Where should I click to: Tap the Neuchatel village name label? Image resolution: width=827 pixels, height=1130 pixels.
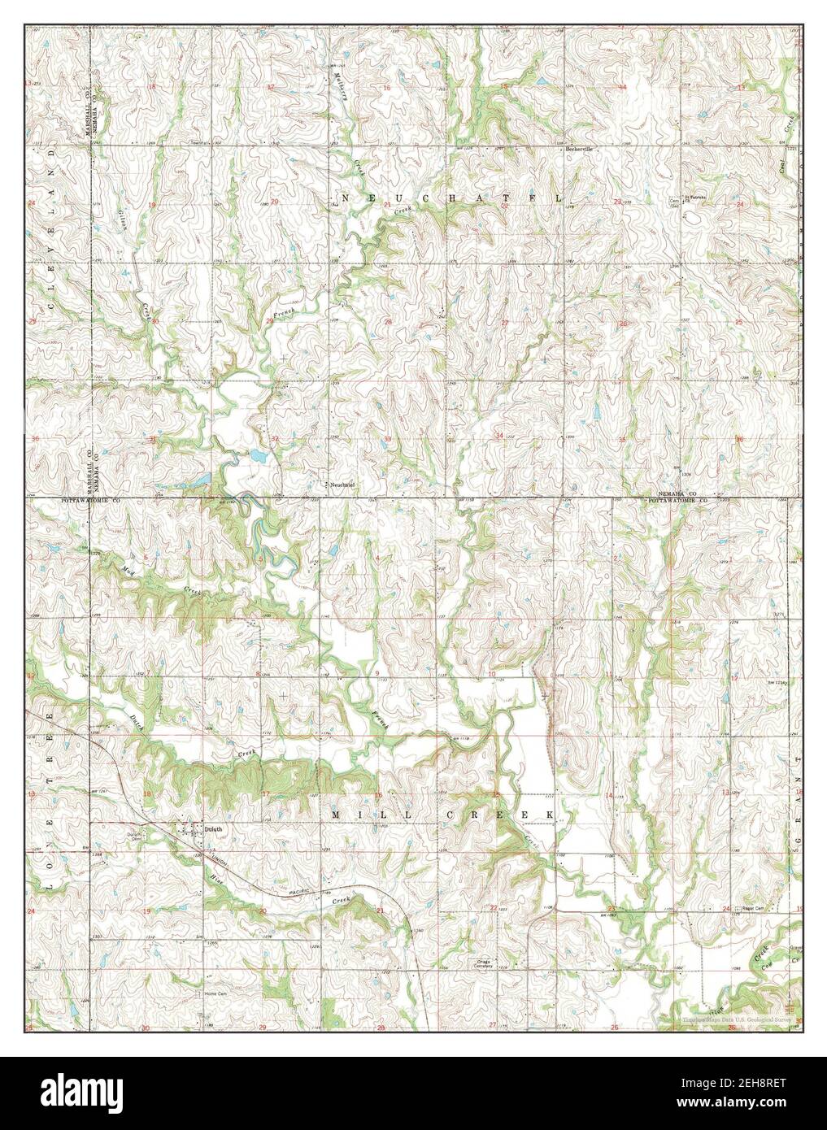click(343, 485)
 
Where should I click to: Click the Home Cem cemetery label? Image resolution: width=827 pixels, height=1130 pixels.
click(215, 993)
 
